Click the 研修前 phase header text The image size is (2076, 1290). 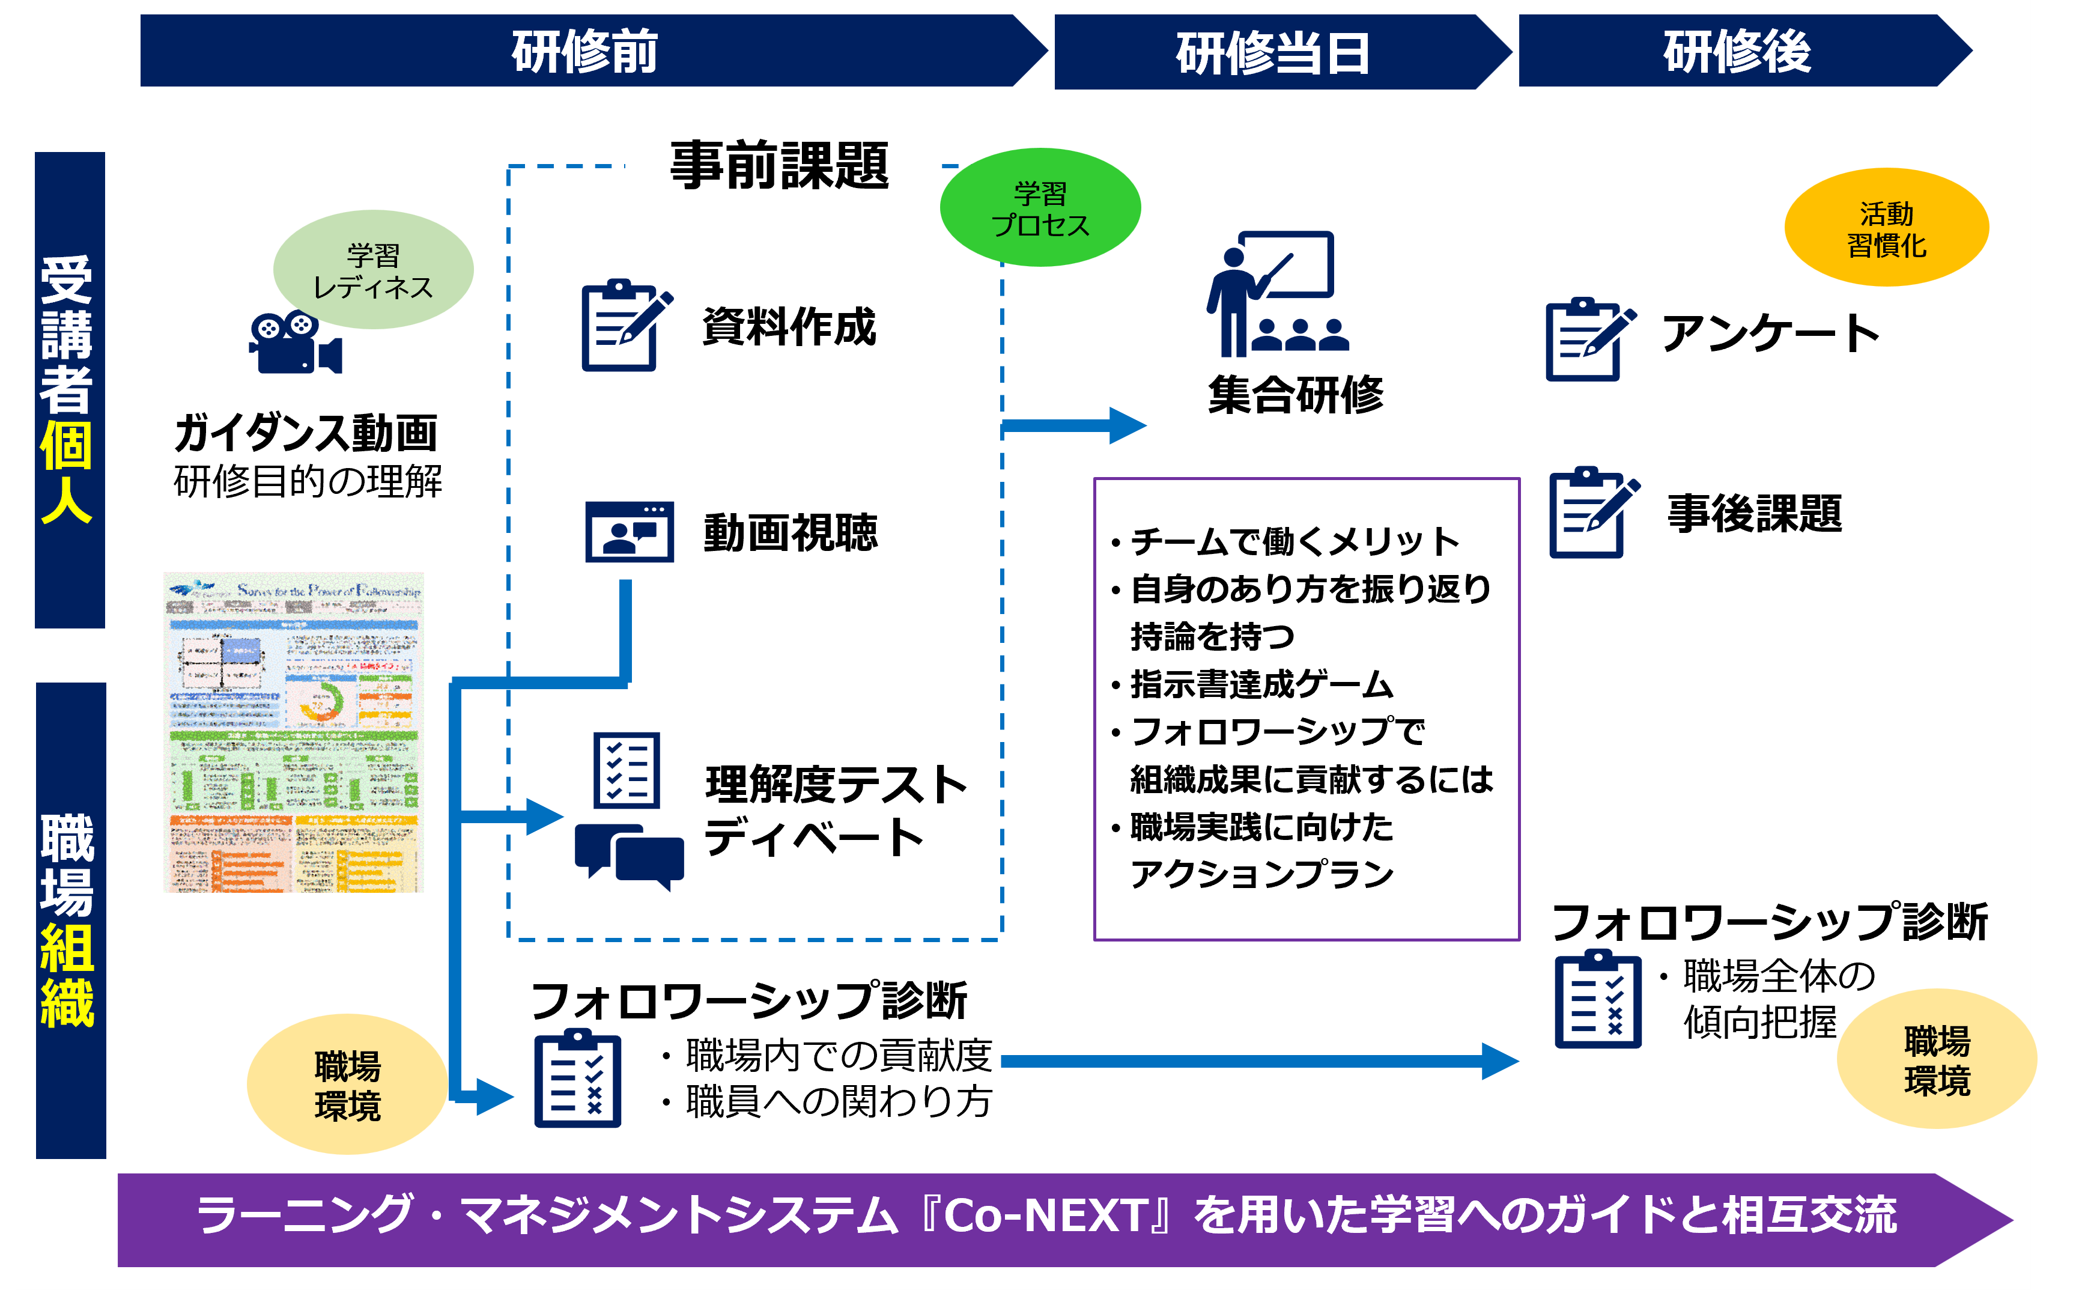pyautogui.click(x=584, y=51)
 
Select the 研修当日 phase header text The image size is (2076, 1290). pyautogui.click(x=1272, y=53)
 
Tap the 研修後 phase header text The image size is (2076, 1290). pyautogui.click(x=1737, y=51)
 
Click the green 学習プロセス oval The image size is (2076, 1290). pyautogui.click(x=1040, y=208)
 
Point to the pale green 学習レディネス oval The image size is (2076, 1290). pyautogui.click(x=372, y=270)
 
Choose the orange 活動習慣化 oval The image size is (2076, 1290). pyautogui.click(x=1886, y=228)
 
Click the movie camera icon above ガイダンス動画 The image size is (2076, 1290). pyautogui.click(x=295, y=343)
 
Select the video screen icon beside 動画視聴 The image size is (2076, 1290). pyautogui.click(x=630, y=532)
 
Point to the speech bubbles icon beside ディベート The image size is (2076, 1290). pyautogui.click(x=630, y=855)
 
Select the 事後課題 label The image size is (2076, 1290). pyautogui.click(x=1755, y=514)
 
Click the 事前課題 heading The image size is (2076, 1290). pyautogui.click(x=780, y=165)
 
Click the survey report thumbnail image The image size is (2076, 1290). pyautogui.click(x=293, y=732)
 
